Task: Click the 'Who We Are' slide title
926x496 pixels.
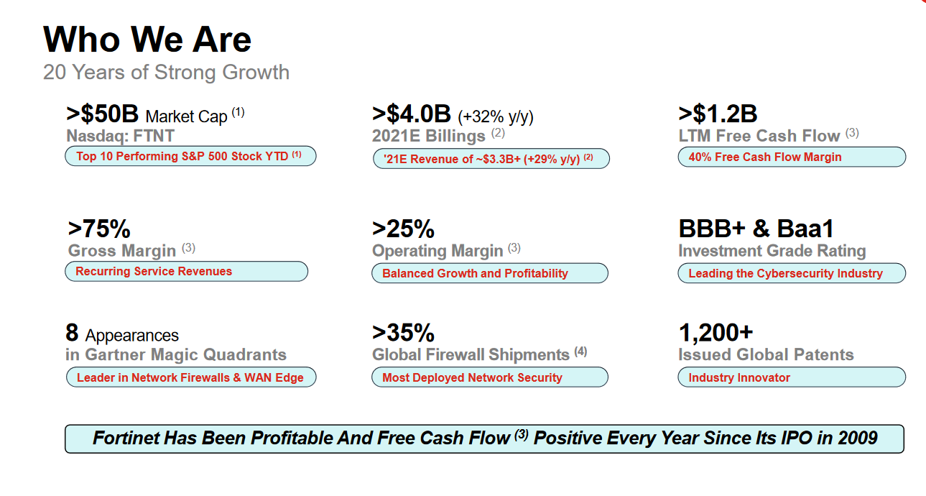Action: coord(147,40)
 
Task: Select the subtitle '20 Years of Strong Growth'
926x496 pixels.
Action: coord(166,73)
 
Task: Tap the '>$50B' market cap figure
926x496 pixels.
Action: coord(102,114)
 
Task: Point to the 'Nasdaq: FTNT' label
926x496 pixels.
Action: coord(120,136)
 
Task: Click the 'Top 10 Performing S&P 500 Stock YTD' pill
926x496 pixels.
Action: coord(190,157)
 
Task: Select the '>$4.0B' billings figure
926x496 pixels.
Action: coord(412,114)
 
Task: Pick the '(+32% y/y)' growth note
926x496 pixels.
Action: coord(496,116)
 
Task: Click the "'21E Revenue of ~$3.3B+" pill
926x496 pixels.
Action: coord(491,159)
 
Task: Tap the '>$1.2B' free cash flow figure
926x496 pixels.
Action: coord(718,114)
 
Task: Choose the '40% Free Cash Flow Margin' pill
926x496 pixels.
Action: coord(792,157)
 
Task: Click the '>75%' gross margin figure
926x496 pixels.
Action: coord(99,229)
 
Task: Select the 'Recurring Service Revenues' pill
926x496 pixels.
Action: coord(187,272)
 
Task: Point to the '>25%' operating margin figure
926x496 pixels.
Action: coord(404,229)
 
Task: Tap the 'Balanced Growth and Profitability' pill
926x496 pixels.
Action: coord(490,273)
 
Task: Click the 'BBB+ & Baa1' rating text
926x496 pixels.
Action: coord(756,229)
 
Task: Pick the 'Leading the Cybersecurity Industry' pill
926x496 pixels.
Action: coord(792,273)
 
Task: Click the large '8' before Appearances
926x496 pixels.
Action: coord(72,333)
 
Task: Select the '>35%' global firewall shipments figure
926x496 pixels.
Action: coord(404,333)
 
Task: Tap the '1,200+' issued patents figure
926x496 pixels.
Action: coord(716,333)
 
